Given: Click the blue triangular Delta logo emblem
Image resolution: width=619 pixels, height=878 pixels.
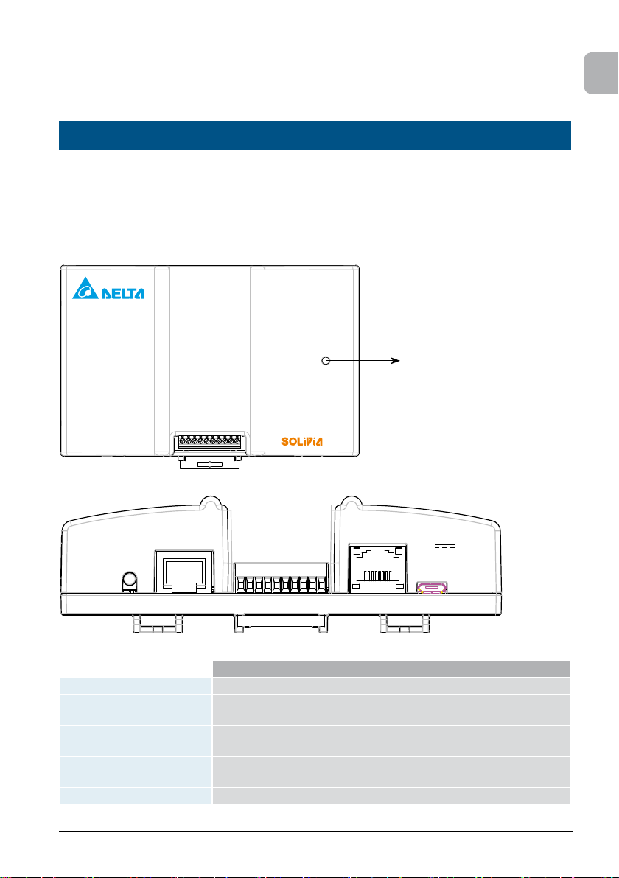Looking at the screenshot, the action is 85,289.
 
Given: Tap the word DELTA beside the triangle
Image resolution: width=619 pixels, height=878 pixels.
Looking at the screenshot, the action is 122,293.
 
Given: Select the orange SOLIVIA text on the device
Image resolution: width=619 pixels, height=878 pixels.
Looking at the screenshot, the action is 302,441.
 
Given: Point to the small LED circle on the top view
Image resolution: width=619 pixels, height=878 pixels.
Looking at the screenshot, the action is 326,361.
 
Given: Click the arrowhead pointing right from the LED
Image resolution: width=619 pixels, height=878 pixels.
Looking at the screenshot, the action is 396,361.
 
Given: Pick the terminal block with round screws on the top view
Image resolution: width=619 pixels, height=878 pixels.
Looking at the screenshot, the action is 209,441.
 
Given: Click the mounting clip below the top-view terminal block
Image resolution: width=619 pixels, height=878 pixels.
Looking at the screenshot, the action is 209,461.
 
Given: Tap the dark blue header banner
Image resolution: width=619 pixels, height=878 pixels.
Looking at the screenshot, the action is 315,136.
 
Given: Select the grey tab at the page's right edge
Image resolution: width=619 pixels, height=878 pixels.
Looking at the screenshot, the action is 601,74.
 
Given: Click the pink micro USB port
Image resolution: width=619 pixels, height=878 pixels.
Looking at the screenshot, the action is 431,588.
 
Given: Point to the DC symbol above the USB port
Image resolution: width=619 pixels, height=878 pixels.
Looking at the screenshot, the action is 445,545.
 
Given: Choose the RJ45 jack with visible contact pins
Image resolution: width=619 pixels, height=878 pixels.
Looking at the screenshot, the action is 377,568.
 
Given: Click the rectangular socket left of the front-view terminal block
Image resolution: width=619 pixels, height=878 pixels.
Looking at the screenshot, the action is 184,571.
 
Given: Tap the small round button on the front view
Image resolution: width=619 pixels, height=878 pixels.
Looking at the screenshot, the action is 130,582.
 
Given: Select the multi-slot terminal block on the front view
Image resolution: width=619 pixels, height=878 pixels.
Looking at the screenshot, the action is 281,578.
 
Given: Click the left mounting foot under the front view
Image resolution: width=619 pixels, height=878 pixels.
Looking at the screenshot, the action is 158,624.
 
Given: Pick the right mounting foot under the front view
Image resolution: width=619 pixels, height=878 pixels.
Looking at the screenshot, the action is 405,624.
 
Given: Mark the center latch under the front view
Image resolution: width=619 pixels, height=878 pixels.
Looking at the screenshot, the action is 281,624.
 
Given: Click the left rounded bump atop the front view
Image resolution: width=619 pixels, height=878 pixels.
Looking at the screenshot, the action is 211,503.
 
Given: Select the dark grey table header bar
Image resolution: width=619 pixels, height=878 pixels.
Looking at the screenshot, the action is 391,669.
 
